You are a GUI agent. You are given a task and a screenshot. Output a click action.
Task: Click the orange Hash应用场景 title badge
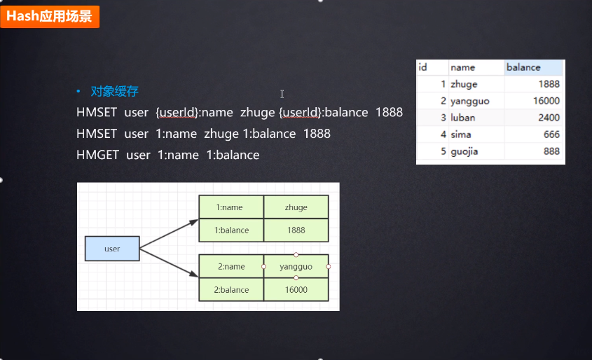pos(50,16)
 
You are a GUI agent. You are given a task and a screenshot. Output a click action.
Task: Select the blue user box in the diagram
pos(112,249)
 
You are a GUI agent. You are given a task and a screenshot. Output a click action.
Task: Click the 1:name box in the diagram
pos(230,207)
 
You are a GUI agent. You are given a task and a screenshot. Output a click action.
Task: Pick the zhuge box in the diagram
pos(296,207)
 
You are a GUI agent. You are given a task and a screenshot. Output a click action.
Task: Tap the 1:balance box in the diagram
pos(230,230)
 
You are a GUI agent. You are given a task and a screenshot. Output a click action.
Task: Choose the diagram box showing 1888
pos(296,230)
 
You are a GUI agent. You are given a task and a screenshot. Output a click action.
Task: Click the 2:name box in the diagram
pos(230,266)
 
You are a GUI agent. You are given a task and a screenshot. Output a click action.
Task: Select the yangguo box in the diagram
pos(296,266)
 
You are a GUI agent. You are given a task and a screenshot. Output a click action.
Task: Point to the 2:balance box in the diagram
pos(230,289)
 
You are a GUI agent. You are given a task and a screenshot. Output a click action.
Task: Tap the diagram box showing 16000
pos(296,289)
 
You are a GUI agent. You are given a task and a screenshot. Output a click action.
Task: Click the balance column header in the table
pos(533,67)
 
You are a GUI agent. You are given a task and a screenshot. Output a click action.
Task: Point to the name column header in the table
pos(476,67)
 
